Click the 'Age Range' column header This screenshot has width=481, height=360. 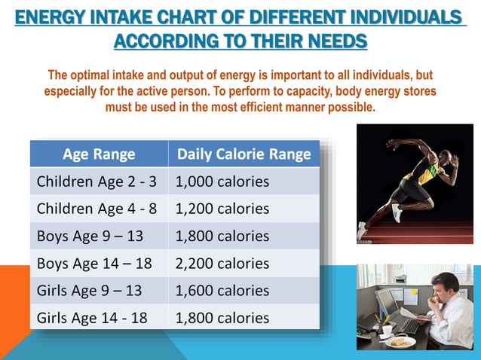[x=99, y=154]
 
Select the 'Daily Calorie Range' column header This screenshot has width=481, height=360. [x=244, y=154]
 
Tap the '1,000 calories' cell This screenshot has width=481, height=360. [x=222, y=182]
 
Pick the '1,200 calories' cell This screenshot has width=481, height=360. [x=222, y=209]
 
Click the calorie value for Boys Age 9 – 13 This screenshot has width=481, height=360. [x=222, y=236]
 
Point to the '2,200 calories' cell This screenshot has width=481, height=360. [x=222, y=263]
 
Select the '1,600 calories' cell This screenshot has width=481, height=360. [x=222, y=290]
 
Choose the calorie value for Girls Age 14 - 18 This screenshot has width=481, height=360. [x=222, y=317]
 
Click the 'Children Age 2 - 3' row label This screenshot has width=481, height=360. [x=97, y=182]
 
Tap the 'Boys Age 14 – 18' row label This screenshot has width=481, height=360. [x=90, y=263]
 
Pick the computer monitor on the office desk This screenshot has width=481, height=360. [x=387, y=304]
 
